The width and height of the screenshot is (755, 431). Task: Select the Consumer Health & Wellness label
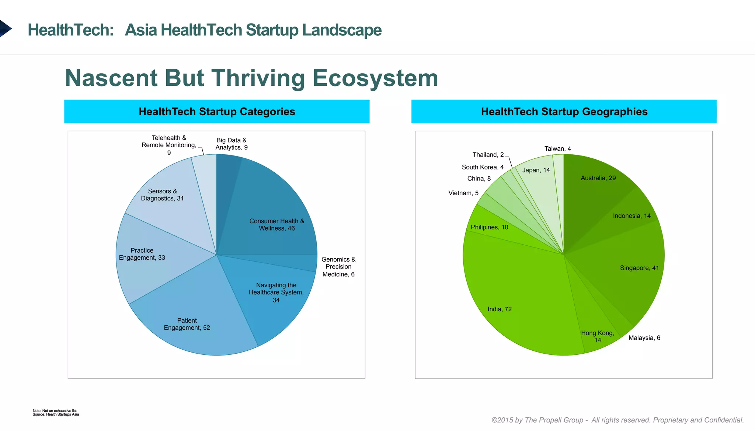coord(276,225)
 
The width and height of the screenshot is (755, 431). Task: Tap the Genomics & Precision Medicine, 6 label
coord(338,267)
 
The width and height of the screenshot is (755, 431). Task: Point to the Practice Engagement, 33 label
coord(142,254)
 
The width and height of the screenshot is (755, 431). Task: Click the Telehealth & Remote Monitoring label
coord(169,145)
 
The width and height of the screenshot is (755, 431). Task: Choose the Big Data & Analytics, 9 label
coord(232,144)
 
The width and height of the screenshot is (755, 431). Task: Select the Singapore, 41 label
coord(639,268)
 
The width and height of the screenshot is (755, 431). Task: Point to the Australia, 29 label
coord(598,178)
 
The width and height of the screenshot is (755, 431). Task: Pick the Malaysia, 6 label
coord(644,338)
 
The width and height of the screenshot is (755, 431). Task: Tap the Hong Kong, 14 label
coord(598,336)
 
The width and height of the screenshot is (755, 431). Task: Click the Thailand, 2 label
coord(488,155)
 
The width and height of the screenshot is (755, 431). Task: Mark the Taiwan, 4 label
coord(557,148)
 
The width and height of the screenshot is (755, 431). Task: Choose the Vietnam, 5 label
coord(463,193)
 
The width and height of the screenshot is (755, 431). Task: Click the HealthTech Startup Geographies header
coord(564,112)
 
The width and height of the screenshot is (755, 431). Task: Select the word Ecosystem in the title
coord(375,78)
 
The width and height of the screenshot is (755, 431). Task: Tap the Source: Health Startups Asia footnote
coord(56,414)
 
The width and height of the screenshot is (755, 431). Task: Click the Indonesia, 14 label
coord(632,216)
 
